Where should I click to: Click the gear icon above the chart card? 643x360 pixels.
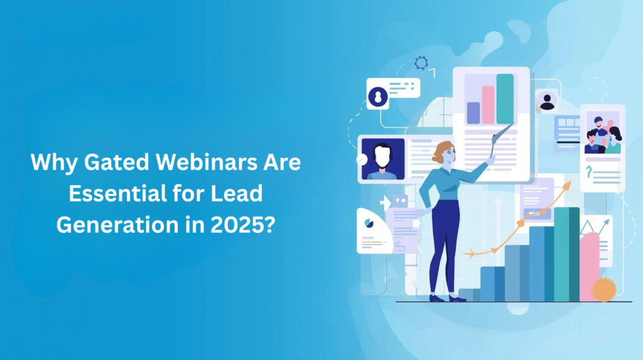(x=421, y=63)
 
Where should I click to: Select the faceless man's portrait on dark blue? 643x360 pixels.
(x=382, y=159)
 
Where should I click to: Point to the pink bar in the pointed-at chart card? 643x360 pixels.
(x=488, y=105)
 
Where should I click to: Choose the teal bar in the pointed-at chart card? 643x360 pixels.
(x=505, y=99)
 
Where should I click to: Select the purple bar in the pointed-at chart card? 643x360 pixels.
(x=473, y=113)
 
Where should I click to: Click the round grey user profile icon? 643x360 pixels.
(x=548, y=101)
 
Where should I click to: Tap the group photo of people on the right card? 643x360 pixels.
(x=602, y=133)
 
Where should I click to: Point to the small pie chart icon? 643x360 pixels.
(x=367, y=221)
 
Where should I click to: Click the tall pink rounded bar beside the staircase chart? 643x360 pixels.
(x=590, y=267)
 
